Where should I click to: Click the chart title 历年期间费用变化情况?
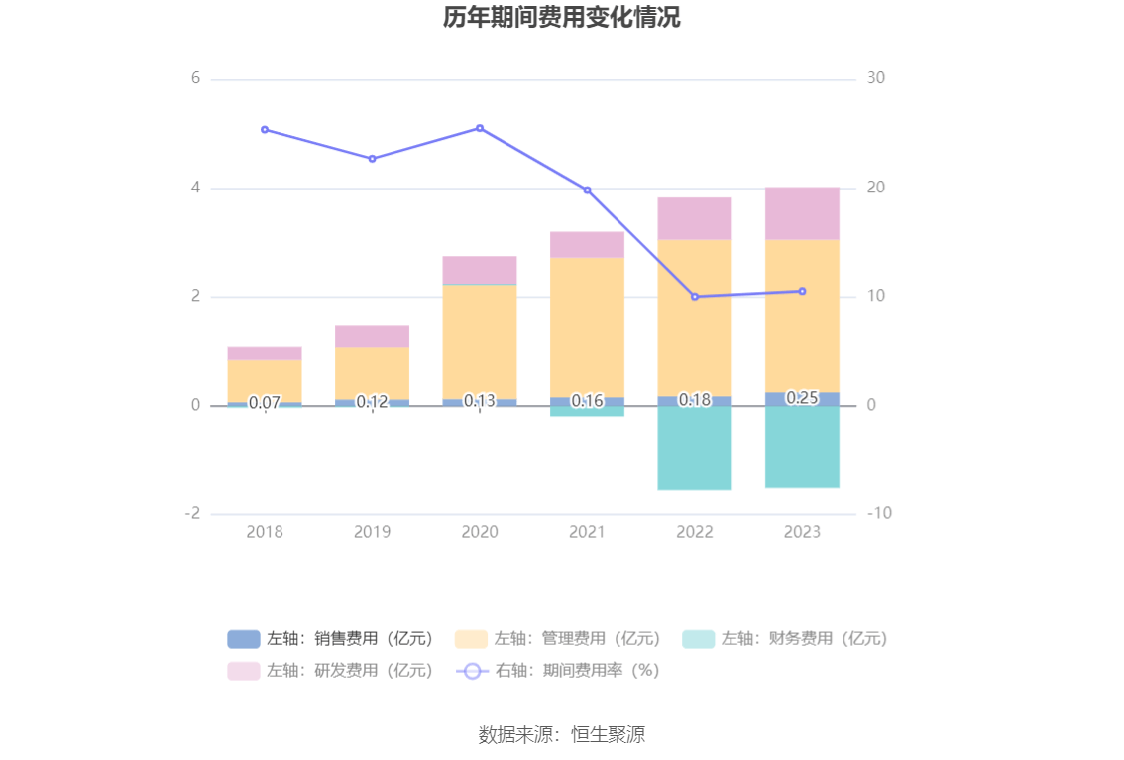pyautogui.click(x=561, y=18)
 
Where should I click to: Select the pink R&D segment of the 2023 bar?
pyautogui.click(x=802, y=213)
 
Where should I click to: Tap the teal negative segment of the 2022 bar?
pyautogui.click(x=694, y=447)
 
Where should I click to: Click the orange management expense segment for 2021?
pyautogui.click(x=587, y=326)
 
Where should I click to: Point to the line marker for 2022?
pyautogui.click(x=694, y=297)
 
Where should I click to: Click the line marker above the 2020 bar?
pyautogui.click(x=480, y=128)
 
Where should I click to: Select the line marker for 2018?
pyautogui.click(x=265, y=129)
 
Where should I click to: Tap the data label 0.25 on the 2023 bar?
pyautogui.click(x=802, y=398)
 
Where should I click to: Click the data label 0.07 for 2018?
pyautogui.click(x=265, y=402)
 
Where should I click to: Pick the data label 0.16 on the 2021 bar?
pyautogui.click(x=587, y=401)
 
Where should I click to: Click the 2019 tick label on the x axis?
pyautogui.click(x=372, y=532)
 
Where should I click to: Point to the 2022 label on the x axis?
pyautogui.click(x=694, y=532)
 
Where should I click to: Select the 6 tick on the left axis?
pyautogui.click(x=195, y=78)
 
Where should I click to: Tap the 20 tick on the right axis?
pyautogui.click(x=875, y=188)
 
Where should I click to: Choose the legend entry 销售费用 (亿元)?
pyautogui.click(x=331, y=639)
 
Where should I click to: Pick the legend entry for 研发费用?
pyautogui.click(x=331, y=671)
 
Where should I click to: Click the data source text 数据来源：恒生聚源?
pyautogui.click(x=561, y=735)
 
